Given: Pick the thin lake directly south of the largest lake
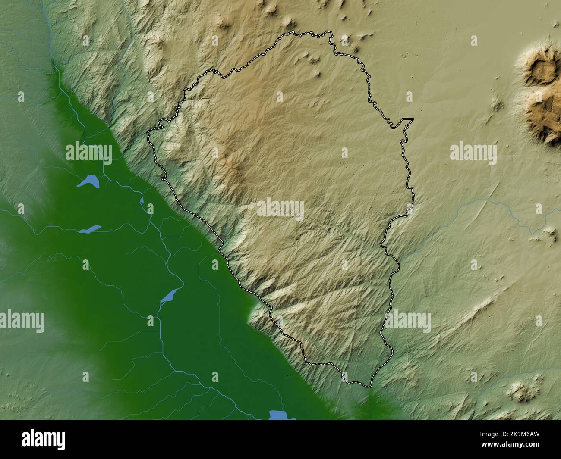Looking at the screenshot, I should [x=90, y=229].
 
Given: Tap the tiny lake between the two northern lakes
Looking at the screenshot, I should [x=142, y=200].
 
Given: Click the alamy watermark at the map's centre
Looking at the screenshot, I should [x=280, y=209].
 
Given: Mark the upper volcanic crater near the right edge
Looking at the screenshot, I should [x=539, y=68].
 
